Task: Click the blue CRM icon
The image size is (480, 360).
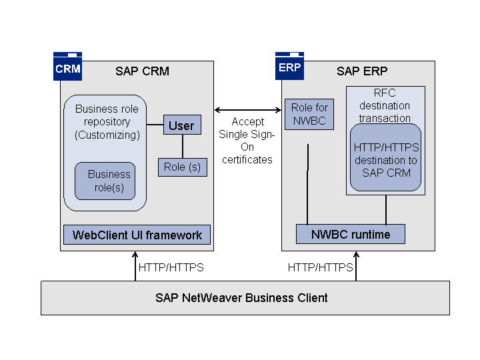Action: pyautogui.click(x=67, y=67)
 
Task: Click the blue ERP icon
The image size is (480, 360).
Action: pyautogui.click(x=289, y=67)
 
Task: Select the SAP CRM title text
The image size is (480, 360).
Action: pyautogui.click(x=142, y=71)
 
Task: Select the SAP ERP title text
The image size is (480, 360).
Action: pyautogui.click(x=362, y=71)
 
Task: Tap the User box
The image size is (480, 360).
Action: pyautogui.click(x=181, y=125)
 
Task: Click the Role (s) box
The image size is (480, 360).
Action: pyautogui.click(x=182, y=167)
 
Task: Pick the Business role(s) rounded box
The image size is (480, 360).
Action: pyautogui.click(x=105, y=181)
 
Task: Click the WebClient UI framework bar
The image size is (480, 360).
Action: pyautogui.click(x=137, y=235)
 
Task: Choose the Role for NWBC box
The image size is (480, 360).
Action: pyautogui.click(x=310, y=114)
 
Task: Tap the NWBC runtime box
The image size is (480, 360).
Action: pyautogui.click(x=351, y=234)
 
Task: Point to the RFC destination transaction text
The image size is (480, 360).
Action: pyautogui.click(x=385, y=105)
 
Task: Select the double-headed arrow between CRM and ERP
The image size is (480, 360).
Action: pyautogui.click(x=247, y=109)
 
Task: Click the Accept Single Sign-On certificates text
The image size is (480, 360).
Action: pyautogui.click(x=247, y=141)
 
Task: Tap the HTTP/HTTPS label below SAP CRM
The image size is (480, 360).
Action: pyautogui.click(x=171, y=267)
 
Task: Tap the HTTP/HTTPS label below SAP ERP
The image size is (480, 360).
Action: pyautogui.click(x=320, y=267)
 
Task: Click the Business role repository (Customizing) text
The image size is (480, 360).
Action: pyautogui.click(x=107, y=122)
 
